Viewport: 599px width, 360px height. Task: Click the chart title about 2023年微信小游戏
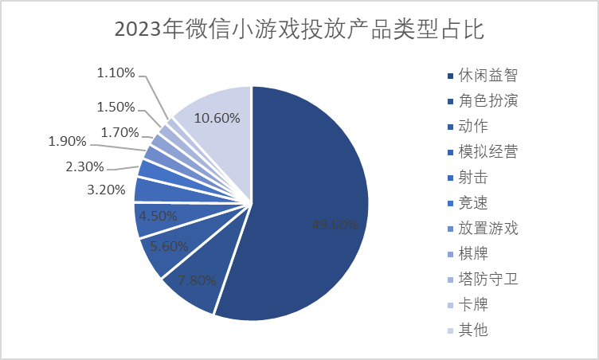tap(299, 30)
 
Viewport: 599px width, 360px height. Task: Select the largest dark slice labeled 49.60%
tap(319, 199)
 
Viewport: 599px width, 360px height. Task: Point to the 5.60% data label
tap(169, 246)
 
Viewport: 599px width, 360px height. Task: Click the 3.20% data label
tap(106, 190)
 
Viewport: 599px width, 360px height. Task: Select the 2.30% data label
tap(84, 166)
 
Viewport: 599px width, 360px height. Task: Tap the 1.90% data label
tap(69, 142)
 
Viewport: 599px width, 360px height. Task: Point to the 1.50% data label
tap(116, 107)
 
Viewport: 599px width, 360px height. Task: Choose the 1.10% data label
tap(116, 72)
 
